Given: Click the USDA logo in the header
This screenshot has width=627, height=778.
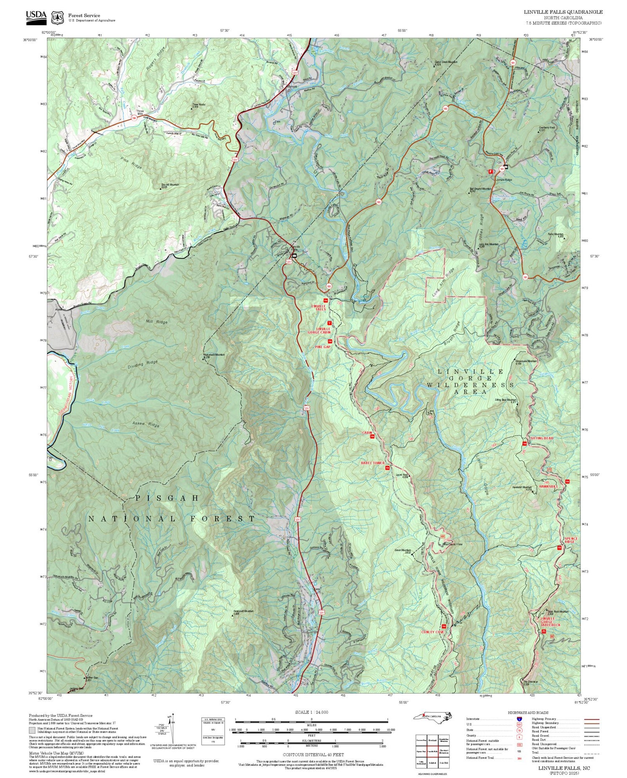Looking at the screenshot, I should [36, 15].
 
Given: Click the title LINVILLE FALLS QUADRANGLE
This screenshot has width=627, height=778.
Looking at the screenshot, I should [563, 12].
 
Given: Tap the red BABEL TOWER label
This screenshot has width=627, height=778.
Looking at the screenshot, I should [373, 463].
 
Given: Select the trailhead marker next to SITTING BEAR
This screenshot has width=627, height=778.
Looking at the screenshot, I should [524, 443].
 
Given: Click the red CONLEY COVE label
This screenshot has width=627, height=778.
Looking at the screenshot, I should [433, 632].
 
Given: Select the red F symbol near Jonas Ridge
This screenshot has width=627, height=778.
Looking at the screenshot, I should [491, 171].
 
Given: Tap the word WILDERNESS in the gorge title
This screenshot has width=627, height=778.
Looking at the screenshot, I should [470, 384].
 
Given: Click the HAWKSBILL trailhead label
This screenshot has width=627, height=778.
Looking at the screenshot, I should [548, 487].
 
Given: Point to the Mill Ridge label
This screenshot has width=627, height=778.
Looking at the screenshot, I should [157, 322].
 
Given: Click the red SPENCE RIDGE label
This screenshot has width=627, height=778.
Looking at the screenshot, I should [571, 540].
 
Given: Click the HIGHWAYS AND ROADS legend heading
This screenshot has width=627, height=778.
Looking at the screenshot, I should [528, 712].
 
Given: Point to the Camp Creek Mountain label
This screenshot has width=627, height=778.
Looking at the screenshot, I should [446, 62].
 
